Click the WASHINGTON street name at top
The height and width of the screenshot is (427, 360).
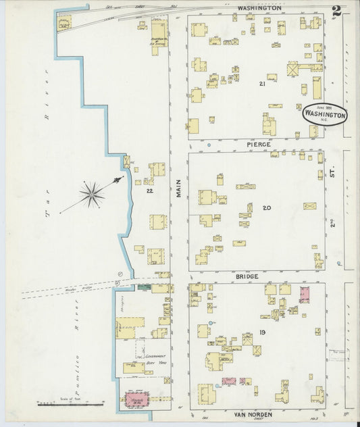click(259, 8)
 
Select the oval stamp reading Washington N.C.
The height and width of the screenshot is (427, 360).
click(324, 115)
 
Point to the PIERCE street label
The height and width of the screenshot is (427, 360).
click(259, 145)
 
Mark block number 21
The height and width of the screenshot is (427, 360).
click(261, 84)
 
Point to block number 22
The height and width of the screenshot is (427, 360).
click(150, 191)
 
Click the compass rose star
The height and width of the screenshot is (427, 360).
click(91, 195)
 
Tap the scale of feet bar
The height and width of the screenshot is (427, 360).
click(70, 405)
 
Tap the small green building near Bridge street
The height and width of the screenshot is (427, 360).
click(144, 287)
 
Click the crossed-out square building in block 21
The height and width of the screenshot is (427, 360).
click(293, 69)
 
